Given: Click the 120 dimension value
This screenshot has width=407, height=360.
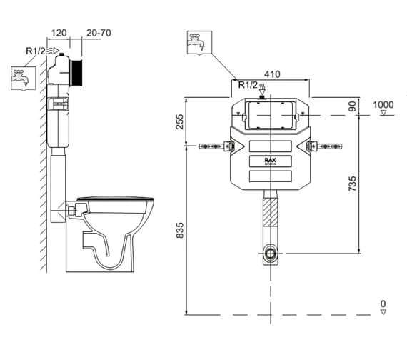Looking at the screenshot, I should (x=60, y=33).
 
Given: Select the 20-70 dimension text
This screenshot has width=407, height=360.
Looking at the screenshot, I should (x=99, y=33).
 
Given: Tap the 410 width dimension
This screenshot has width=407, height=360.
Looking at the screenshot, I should (x=272, y=73).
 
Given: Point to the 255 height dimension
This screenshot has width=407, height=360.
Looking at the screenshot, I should (x=180, y=122).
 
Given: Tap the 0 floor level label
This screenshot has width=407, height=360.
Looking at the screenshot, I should (x=383, y=304).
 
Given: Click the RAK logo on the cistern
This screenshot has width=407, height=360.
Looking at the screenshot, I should (x=268, y=161).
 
